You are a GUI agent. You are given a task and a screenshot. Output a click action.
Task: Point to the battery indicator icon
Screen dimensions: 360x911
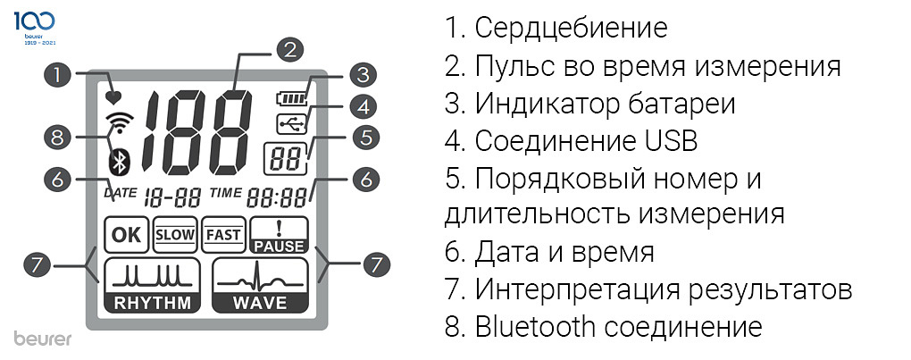[290, 96]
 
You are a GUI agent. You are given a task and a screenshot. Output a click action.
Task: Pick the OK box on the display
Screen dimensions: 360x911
[127, 235]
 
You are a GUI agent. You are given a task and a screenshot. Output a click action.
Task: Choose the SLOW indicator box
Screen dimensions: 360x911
[175, 235]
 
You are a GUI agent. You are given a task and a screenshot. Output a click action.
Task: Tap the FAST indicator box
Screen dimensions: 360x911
[223, 235]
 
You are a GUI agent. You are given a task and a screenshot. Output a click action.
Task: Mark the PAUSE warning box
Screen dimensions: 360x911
[278, 235]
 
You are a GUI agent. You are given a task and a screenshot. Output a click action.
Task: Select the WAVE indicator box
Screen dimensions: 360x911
[259, 285]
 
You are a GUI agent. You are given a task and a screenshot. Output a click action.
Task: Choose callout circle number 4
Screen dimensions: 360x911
[362, 106]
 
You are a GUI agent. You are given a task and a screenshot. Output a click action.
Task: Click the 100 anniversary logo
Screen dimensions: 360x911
[35, 23]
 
